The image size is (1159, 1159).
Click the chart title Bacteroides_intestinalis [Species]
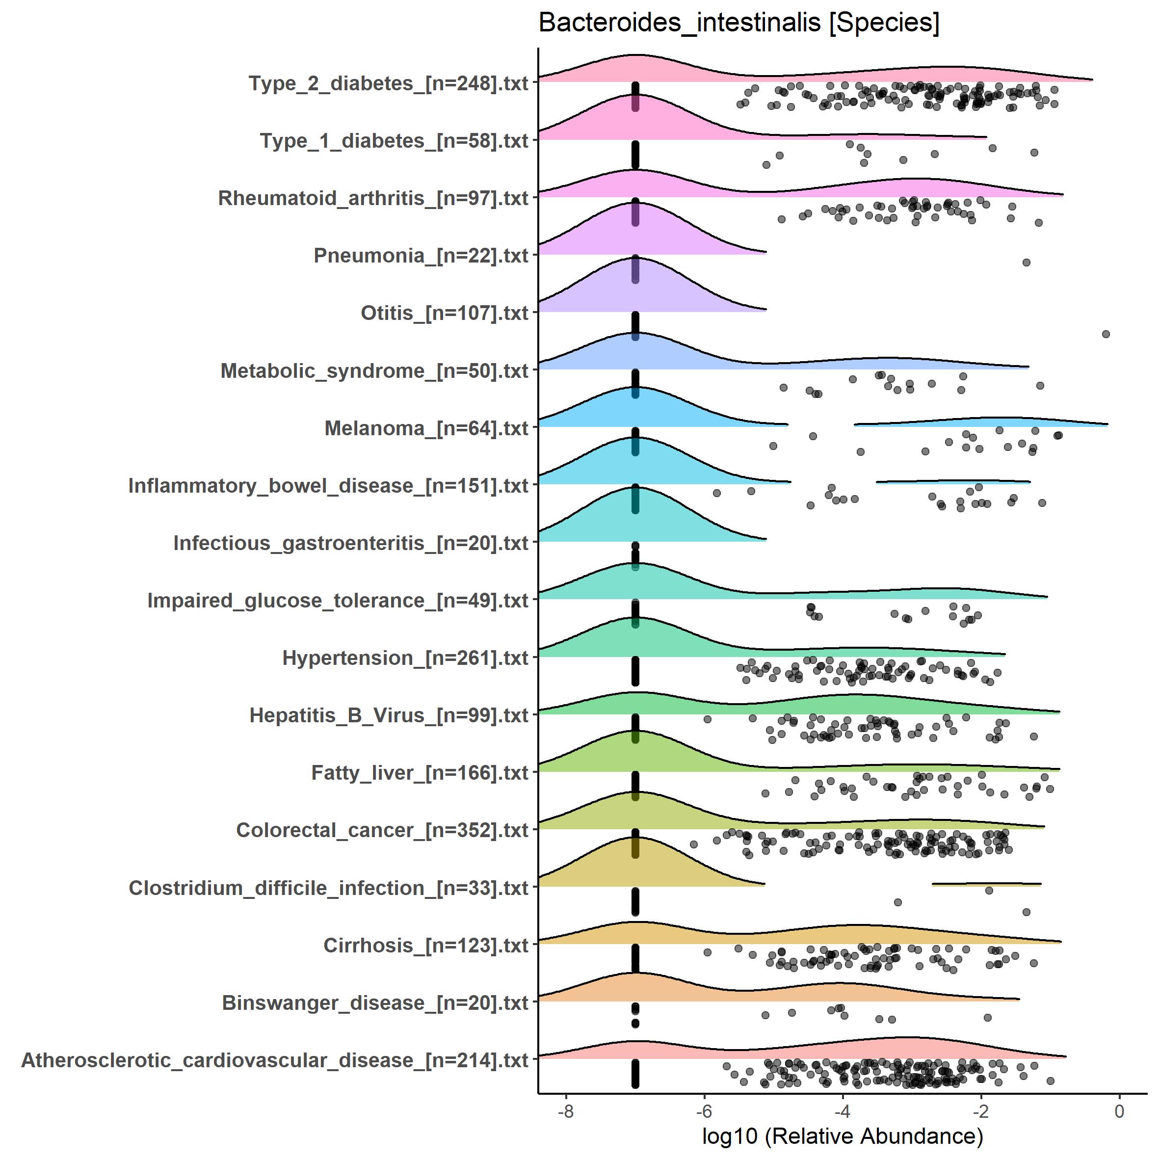738,24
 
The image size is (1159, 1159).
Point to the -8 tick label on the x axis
565,1111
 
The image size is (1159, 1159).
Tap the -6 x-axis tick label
704,1111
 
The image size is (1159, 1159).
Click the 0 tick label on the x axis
1119,1111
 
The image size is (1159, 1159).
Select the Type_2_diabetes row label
388,83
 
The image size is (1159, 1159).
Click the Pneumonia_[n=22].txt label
421,256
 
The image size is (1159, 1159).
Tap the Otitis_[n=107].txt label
444,313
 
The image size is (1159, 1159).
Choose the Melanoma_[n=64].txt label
426,428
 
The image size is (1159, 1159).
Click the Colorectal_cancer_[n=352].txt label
382,830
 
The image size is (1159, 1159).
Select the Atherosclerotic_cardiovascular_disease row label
274,1060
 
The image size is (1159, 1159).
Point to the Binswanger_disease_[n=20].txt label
375,1002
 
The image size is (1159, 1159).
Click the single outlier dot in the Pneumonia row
1027,262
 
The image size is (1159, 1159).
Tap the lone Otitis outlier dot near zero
1106,334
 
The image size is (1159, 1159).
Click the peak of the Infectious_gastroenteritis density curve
635,488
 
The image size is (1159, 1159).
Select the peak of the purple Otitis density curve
635,258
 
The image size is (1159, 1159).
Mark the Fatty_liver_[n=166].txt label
420,773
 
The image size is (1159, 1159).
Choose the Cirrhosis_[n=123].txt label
425,946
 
